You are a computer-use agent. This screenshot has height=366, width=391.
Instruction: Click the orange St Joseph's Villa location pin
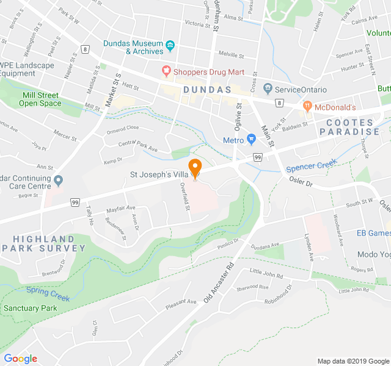[x=195, y=168]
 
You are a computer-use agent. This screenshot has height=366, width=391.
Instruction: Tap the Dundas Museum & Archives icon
[x=170, y=45]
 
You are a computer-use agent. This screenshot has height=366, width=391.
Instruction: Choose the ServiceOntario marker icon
[x=267, y=89]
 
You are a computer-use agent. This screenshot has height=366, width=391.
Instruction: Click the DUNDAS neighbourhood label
[x=206, y=89]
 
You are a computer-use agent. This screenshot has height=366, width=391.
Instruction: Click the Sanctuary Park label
[x=31, y=308]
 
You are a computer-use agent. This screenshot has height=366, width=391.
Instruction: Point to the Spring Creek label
[x=48, y=295]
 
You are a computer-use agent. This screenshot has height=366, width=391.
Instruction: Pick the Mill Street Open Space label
[x=40, y=99]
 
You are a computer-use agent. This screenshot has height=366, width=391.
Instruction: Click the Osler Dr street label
[x=301, y=183]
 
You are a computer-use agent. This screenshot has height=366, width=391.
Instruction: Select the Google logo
[x=20, y=359]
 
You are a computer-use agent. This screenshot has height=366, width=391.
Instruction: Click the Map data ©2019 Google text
[x=352, y=361]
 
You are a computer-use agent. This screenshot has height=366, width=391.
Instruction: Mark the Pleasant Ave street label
[x=183, y=302]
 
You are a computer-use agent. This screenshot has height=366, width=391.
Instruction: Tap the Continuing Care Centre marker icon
[x=59, y=180]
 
